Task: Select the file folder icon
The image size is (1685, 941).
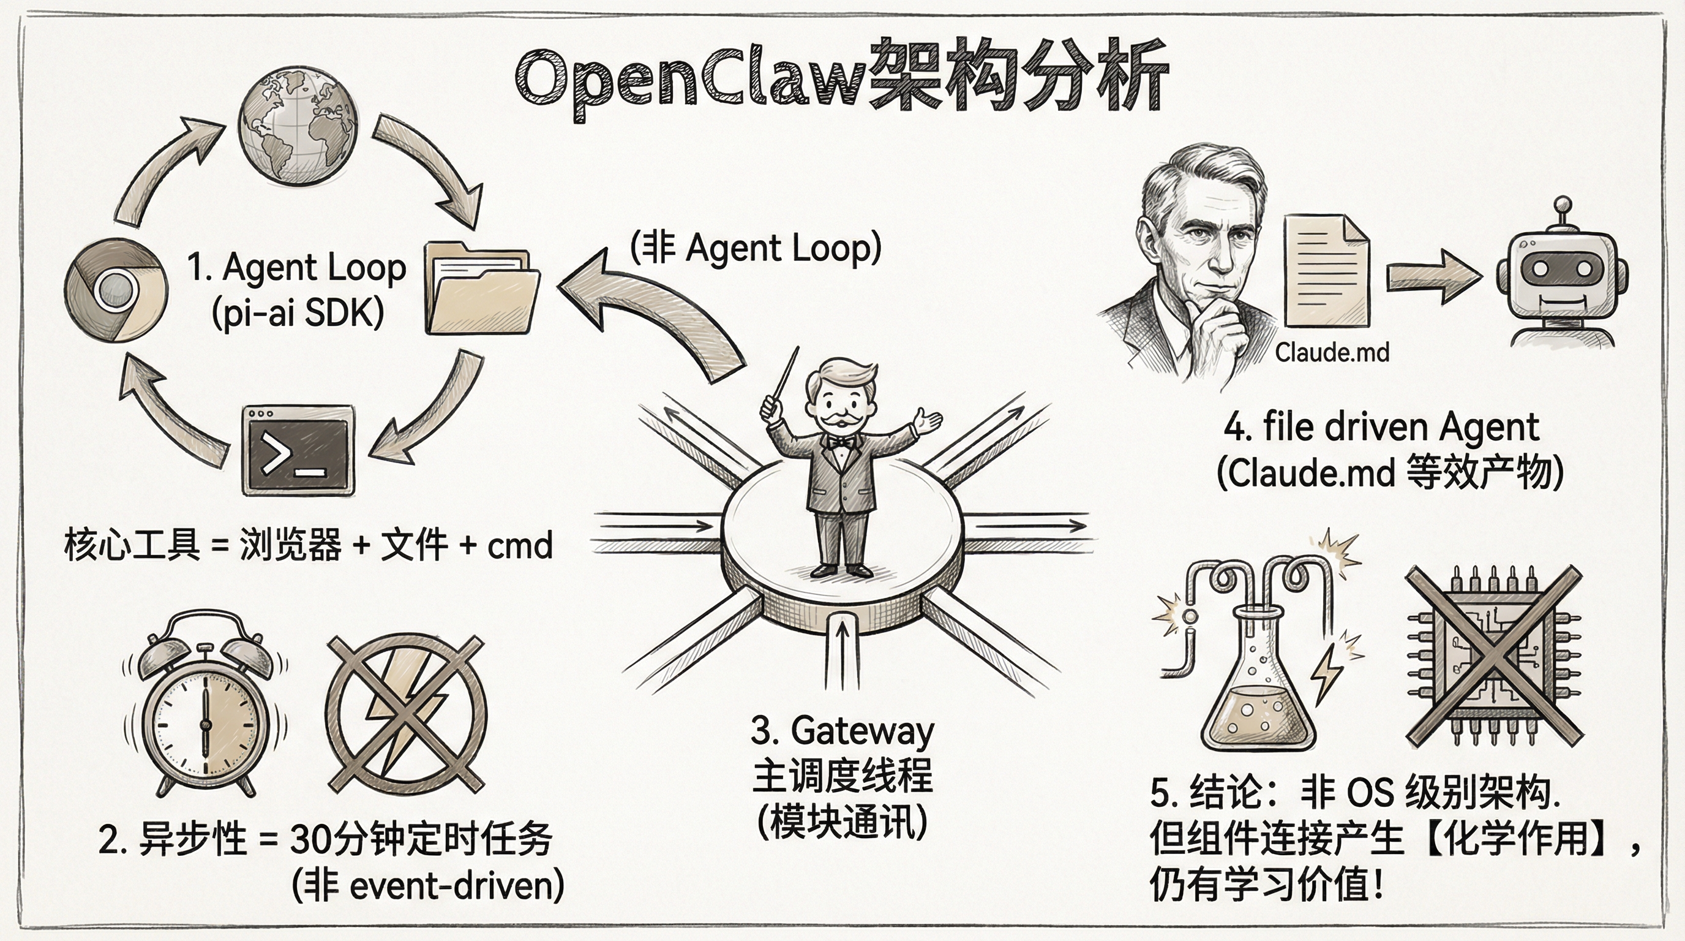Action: point(481,289)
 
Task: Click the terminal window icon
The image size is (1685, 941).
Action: point(298,450)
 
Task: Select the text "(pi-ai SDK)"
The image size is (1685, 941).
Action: point(298,314)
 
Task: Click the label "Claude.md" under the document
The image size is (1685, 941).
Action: point(1332,353)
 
